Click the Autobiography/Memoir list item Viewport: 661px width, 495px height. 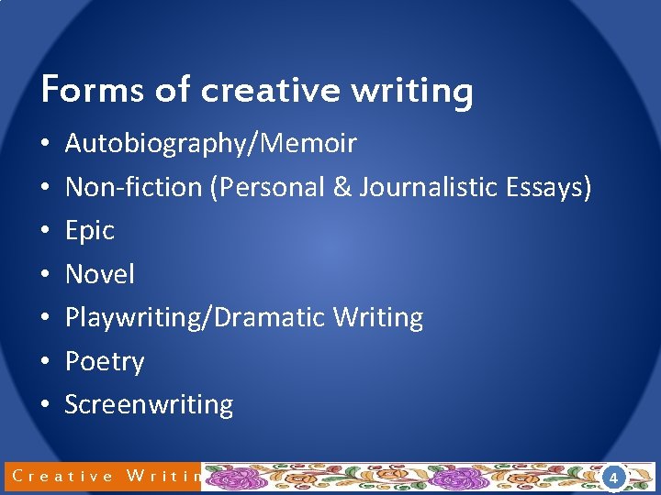pyautogui.click(x=210, y=144)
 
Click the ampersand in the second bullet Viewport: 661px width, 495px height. pyautogui.click(x=342, y=187)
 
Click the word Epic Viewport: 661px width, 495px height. pyautogui.click(x=89, y=231)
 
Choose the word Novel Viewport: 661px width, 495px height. pyautogui.click(x=99, y=274)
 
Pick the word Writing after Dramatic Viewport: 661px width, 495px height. pyautogui.click(x=377, y=318)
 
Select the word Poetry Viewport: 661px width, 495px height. pyautogui.click(x=104, y=362)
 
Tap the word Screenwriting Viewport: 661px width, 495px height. pyautogui.click(x=149, y=405)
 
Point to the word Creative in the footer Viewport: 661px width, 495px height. pyautogui.click(x=63, y=476)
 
